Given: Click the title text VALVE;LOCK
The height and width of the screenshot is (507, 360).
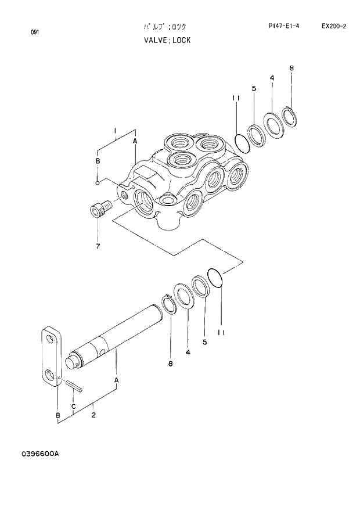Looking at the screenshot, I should click(x=167, y=41).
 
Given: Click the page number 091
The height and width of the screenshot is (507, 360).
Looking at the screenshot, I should click(x=35, y=32).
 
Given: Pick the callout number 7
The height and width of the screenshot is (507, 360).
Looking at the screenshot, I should click(x=98, y=247).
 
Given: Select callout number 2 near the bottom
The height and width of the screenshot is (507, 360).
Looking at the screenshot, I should click(x=93, y=415).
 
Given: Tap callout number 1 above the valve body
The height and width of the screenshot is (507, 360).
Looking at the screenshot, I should click(x=115, y=130).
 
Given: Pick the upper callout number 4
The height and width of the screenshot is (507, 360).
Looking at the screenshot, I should click(x=272, y=78).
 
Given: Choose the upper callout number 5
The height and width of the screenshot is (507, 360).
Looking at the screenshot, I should click(x=254, y=88).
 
